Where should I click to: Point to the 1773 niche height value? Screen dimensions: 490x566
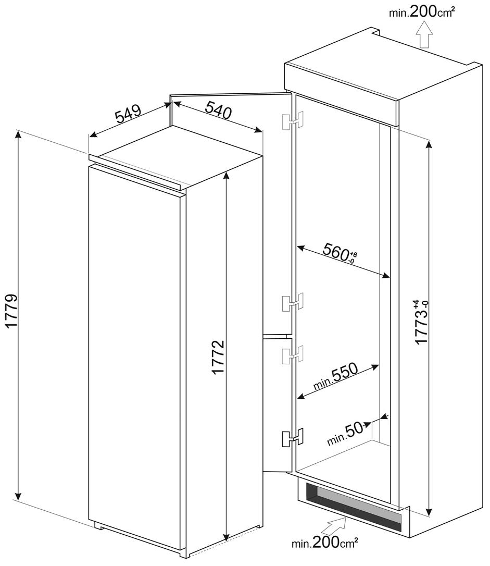(x=421, y=322)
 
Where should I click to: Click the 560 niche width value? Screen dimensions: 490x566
(x=340, y=252)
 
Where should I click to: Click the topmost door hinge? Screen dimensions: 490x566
(x=293, y=121)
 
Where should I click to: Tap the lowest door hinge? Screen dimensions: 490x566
(x=293, y=437)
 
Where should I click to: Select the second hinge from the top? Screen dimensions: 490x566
(x=293, y=302)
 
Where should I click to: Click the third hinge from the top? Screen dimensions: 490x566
(x=293, y=355)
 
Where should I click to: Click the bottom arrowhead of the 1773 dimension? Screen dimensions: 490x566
(x=429, y=511)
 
